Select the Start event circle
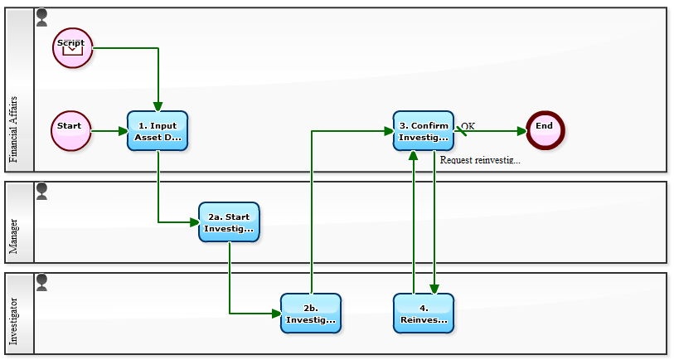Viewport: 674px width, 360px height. (x=70, y=131)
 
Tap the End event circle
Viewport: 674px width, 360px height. (x=544, y=131)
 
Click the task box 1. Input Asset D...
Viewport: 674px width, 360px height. (x=158, y=131)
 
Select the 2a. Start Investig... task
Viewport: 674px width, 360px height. (x=229, y=222)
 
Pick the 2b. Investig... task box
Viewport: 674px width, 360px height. (x=311, y=314)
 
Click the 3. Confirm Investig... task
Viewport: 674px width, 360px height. (x=424, y=131)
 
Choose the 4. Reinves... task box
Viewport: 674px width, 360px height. (x=424, y=314)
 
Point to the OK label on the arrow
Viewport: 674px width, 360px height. (x=468, y=126)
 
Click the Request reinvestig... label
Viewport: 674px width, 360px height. (x=480, y=160)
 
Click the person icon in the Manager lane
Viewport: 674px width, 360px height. (x=42, y=192)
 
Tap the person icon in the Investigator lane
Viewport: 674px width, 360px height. (x=42, y=283)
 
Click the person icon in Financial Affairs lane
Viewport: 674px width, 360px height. (x=42, y=17)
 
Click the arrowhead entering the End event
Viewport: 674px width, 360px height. (x=521, y=131)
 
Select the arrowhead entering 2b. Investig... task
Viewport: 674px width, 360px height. (x=276, y=314)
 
